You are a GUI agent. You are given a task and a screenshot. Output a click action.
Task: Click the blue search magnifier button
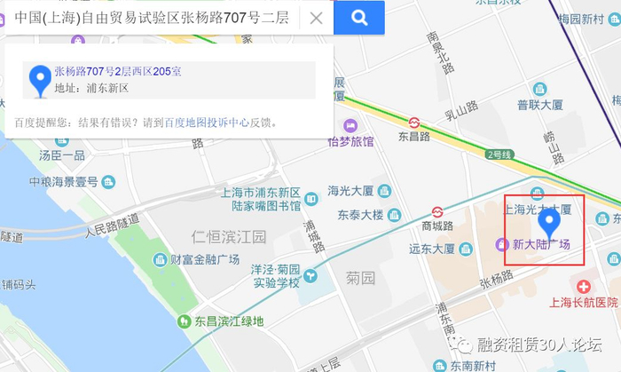coord(359,17)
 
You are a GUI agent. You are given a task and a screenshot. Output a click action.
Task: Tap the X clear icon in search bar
coord(316,18)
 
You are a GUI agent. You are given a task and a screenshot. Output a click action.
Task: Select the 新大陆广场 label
coord(542,245)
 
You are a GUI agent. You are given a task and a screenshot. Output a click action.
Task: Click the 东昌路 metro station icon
coord(414,122)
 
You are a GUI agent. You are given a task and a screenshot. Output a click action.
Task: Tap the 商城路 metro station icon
coord(436,211)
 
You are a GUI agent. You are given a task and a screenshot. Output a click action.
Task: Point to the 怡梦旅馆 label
coord(350,141)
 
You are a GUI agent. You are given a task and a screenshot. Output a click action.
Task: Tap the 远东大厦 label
coord(432,249)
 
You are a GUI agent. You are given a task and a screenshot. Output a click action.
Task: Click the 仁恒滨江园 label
coord(229,236)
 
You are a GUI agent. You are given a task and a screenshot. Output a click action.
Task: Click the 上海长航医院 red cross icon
coord(584,286)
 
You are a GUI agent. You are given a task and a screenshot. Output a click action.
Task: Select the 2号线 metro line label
coord(499,154)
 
